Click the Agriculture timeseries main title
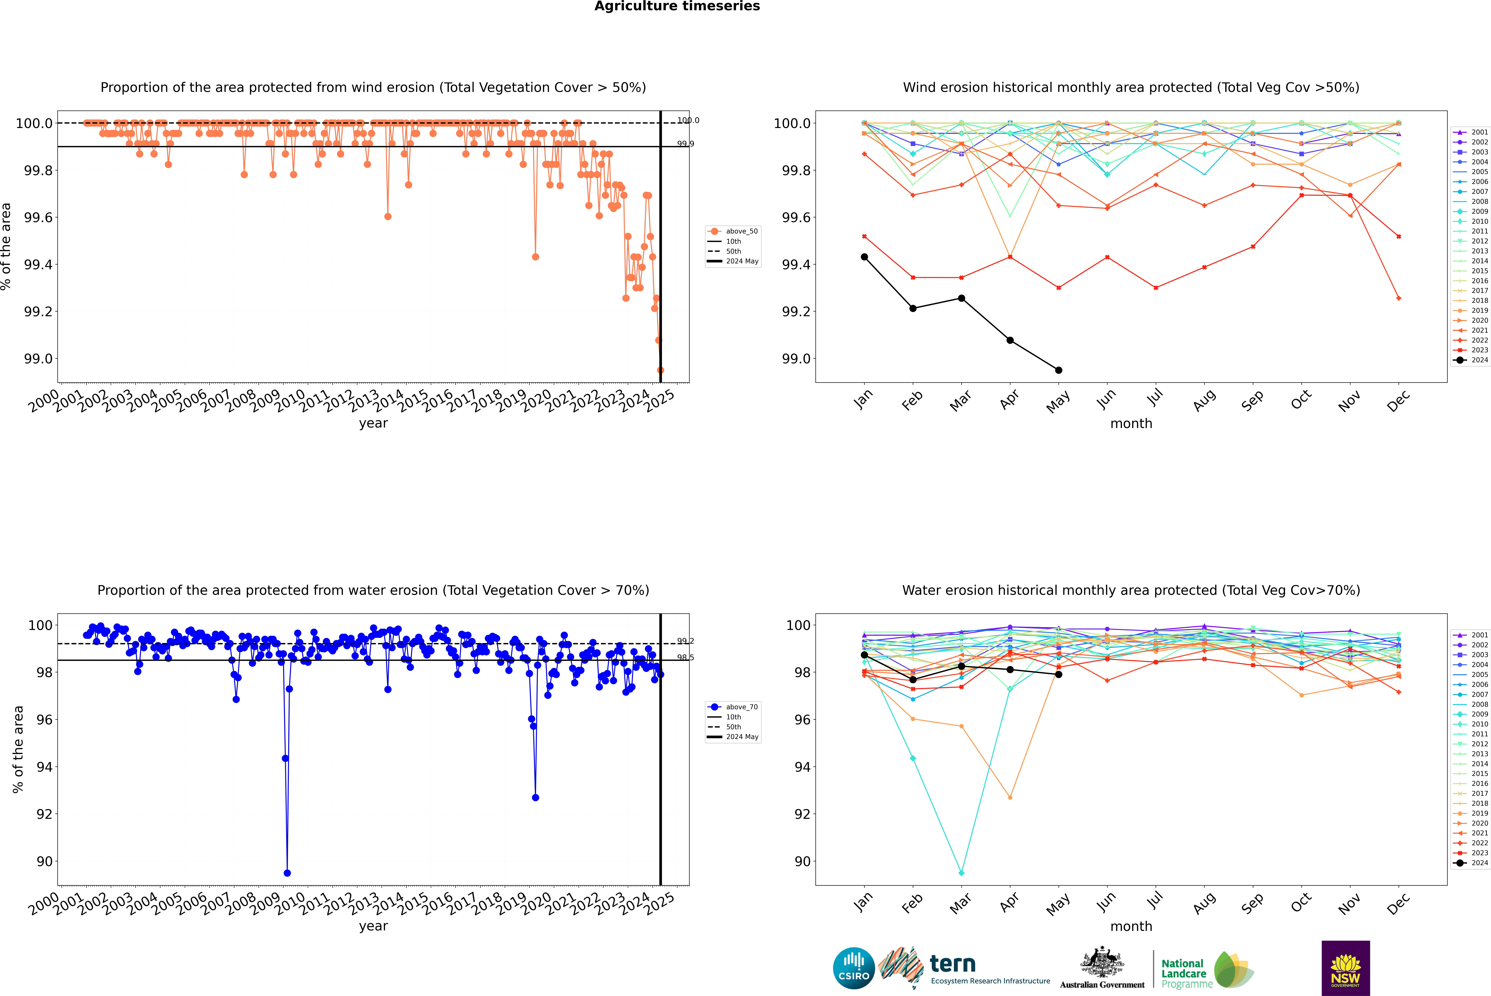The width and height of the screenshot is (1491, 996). (x=677, y=6)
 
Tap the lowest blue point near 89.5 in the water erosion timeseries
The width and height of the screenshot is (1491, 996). (x=287, y=873)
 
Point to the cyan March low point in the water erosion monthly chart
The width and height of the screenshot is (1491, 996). (x=961, y=873)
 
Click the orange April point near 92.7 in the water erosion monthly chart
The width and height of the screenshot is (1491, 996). (x=1010, y=797)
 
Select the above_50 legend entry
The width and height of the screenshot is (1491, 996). (x=734, y=231)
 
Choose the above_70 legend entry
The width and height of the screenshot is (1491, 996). (x=734, y=707)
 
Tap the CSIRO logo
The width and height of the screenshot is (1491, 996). (x=854, y=968)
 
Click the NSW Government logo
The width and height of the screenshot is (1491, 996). (x=1345, y=968)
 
